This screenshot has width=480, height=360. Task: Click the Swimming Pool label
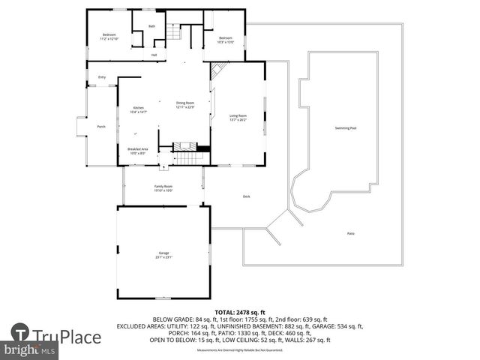[346, 128]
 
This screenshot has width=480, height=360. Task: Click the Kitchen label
[138, 109]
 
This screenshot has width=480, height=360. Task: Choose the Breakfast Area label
[137, 151]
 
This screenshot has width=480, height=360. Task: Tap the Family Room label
[163, 188]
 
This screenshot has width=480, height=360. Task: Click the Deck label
[246, 196]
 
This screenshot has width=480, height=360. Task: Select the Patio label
[350, 233]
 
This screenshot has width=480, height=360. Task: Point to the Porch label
[101, 127]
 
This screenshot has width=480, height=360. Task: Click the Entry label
[101, 77]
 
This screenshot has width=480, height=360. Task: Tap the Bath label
[151, 26]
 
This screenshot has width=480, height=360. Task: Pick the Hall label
[154, 55]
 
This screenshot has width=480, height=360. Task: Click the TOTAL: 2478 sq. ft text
[240, 311]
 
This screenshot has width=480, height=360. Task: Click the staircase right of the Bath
[175, 33]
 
